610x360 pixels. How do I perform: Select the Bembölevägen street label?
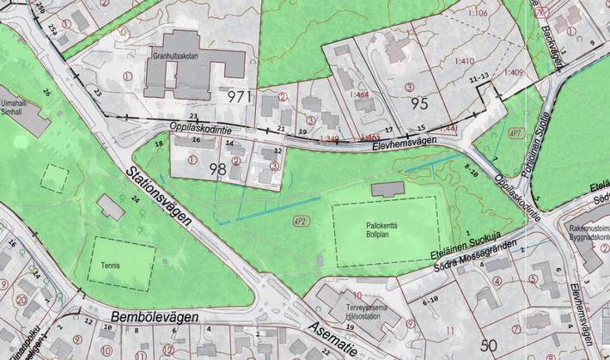pos(155,317)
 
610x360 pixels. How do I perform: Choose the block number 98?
pos(217,169)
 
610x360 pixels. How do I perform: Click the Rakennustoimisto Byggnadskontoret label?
pos(587,235)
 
